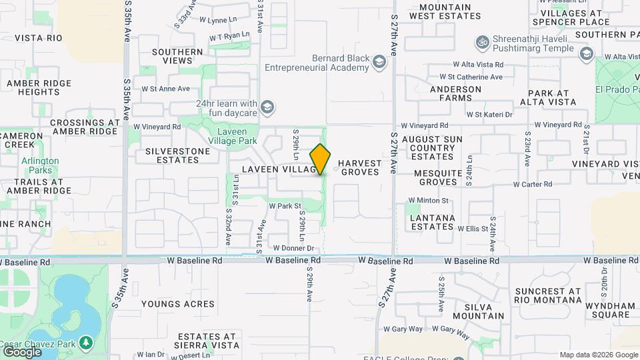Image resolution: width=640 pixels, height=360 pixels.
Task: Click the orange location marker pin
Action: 321,159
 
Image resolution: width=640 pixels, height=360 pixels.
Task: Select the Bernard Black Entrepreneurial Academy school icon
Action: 379,62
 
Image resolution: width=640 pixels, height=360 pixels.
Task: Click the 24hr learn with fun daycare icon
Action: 267,107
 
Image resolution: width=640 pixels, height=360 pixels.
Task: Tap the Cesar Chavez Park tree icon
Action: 85,343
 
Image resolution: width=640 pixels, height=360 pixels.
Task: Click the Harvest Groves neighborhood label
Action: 360,167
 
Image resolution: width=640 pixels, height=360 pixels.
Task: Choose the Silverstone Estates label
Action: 177,155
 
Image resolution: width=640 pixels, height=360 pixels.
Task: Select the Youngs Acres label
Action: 168,303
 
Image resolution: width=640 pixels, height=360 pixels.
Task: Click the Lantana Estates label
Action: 432,222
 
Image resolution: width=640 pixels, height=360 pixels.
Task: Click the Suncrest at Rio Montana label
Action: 548,295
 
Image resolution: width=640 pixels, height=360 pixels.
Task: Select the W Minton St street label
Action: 428,200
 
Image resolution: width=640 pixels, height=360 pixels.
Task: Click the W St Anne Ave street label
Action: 165,88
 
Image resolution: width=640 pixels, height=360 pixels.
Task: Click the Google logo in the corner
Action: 21,351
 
